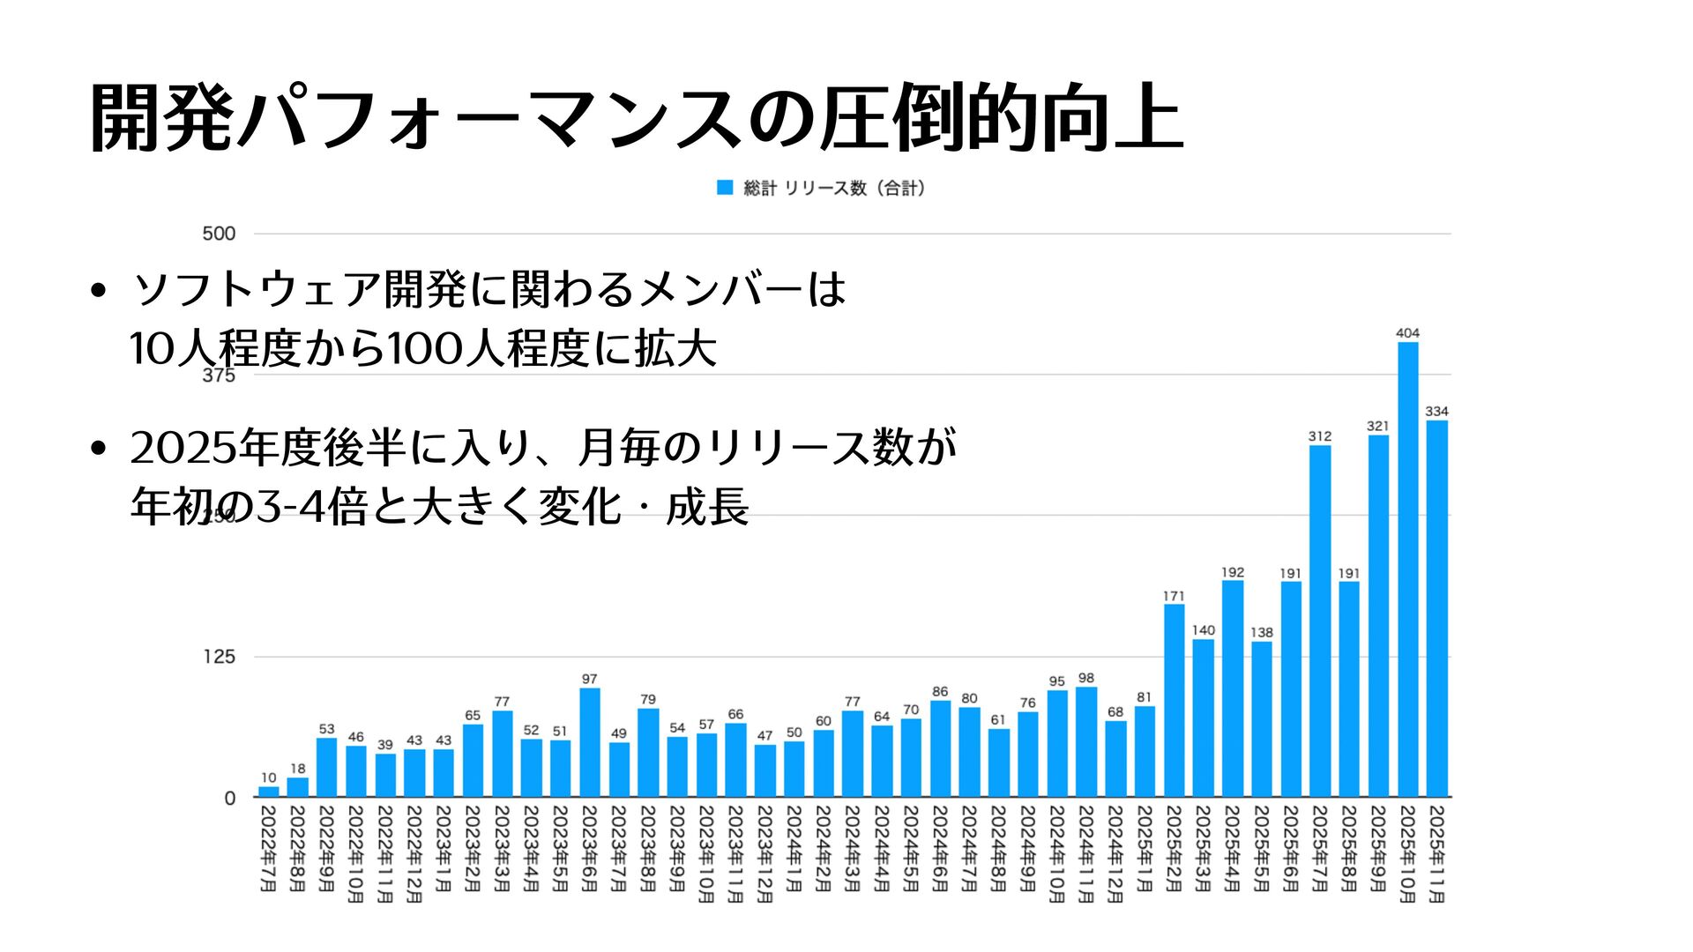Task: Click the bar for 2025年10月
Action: coord(1407,569)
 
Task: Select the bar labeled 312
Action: coord(1320,621)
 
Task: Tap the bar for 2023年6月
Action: coord(590,742)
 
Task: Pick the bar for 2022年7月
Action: coord(269,792)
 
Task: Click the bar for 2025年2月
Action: coord(1174,701)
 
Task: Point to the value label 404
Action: coord(1407,333)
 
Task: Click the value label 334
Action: coord(1436,412)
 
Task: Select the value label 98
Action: coord(1086,679)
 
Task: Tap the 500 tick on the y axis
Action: coord(219,234)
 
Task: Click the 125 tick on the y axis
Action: coord(219,657)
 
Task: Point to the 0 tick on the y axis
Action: coord(230,798)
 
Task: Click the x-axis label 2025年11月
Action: coord(1436,853)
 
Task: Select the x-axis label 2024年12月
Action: coord(1115,853)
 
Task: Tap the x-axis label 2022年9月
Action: coord(327,848)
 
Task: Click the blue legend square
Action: coord(725,188)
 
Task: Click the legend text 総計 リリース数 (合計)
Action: coord(834,188)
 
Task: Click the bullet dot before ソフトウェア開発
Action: coord(99,290)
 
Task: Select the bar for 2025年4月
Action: coord(1233,688)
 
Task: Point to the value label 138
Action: coord(1262,633)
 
